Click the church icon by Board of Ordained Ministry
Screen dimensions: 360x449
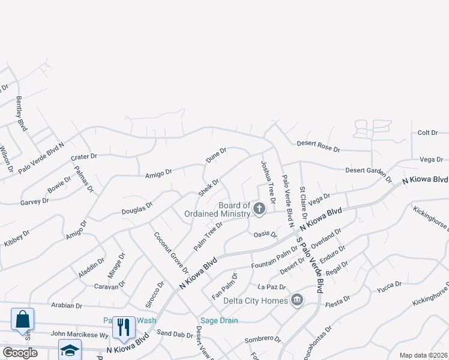[x=259, y=209]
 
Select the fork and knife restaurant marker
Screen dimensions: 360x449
[x=124, y=327]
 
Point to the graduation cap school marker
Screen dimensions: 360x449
[x=70, y=350]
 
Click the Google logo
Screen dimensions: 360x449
[x=20, y=353]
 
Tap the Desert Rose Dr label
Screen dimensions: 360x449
[x=318, y=148]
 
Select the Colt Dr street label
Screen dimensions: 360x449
[x=428, y=133]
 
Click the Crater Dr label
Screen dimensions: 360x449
[x=83, y=157]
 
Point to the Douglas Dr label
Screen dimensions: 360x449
[x=137, y=208]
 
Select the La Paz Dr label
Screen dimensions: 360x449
[x=270, y=286]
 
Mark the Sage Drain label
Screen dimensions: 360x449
[x=218, y=320]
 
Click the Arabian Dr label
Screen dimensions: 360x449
[x=67, y=305]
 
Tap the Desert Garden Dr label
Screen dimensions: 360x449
[x=368, y=173]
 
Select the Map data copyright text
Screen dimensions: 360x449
[x=423, y=355]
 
